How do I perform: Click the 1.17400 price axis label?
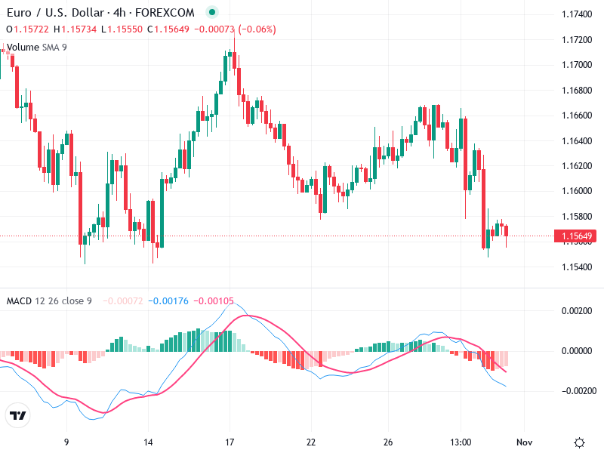tap(576, 14)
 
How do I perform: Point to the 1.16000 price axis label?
tap(576, 191)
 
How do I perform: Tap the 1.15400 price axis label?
tap(576, 267)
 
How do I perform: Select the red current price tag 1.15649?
tap(576, 236)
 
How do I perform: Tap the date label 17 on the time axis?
tap(230, 442)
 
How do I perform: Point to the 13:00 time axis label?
tap(461, 442)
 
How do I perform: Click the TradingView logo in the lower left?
tap(18, 415)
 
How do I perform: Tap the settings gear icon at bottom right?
tap(579, 442)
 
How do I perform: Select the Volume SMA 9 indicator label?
tap(36, 47)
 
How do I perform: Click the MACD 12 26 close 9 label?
tap(49, 301)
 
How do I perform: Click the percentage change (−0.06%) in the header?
tap(257, 29)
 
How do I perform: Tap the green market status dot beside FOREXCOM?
tap(211, 13)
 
